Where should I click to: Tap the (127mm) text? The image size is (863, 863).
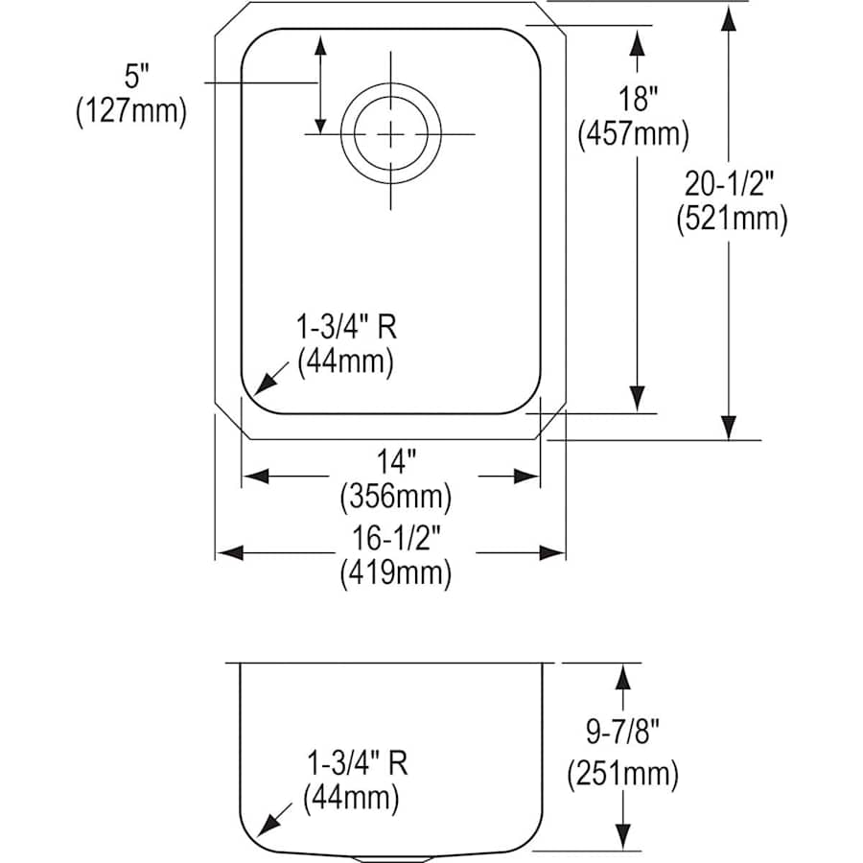pos(128,111)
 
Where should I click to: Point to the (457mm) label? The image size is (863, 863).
pos(634,134)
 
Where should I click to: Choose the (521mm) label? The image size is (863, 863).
pos(731,220)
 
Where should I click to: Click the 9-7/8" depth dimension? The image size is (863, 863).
pos(623,735)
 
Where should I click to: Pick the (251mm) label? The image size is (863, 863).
pos(623,773)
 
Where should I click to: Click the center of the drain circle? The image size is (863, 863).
pos(390,134)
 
